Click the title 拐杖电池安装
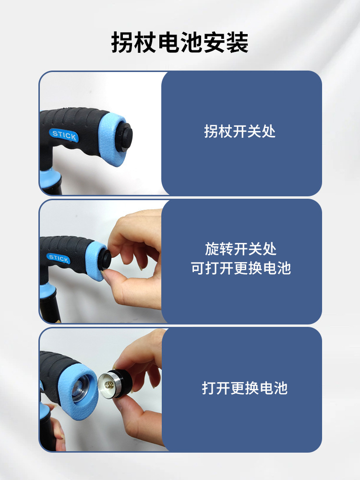click(180, 42)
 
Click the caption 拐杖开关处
click(240, 132)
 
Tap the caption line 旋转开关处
click(240, 249)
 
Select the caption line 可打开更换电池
click(240, 268)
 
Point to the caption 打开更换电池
click(245, 388)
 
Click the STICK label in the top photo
click(64, 135)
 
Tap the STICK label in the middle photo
click(58, 258)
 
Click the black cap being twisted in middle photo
click(105, 259)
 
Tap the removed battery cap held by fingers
click(115, 384)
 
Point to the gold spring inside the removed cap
click(108, 385)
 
